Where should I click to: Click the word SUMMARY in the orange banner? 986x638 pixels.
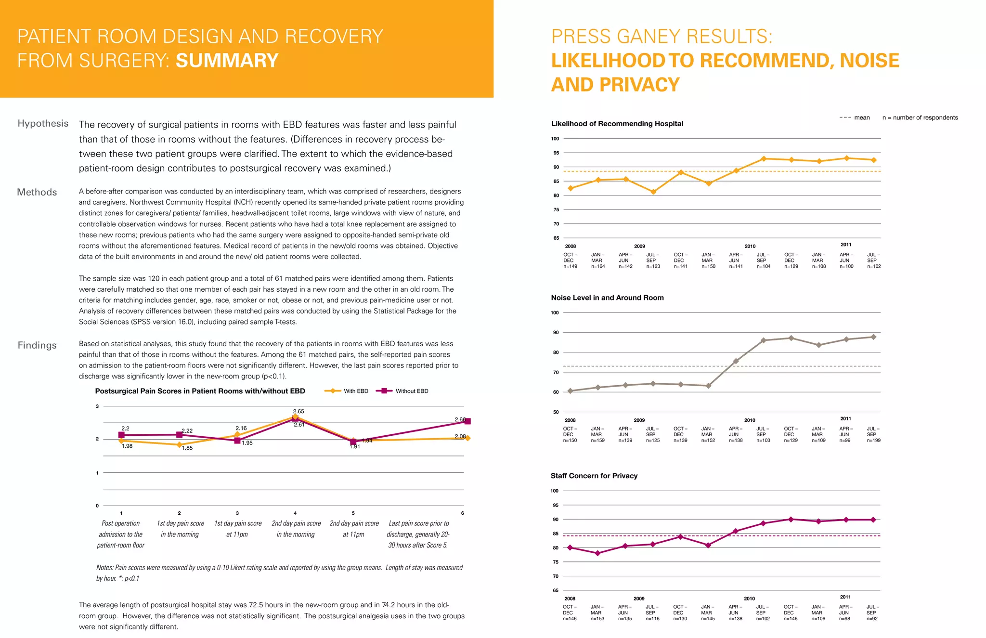tap(227, 61)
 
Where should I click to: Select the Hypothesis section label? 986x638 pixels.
tap(43, 124)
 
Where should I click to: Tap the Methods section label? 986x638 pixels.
tap(37, 192)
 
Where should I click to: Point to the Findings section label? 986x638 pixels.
tap(37, 345)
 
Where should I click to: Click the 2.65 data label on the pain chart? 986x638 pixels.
tap(298, 411)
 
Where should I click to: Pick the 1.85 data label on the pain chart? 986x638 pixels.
tap(187, 448)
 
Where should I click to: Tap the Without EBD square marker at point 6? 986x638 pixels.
tap(467, 421)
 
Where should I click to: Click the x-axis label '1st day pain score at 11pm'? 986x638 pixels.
tap(238, 529)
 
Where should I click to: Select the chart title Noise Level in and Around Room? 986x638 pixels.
tap(607, 298)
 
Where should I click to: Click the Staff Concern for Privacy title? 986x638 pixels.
tap(594, 476)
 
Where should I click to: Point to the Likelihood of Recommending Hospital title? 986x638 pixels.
tap(617, 124)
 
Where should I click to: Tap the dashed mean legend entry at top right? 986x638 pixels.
tap(855, 117)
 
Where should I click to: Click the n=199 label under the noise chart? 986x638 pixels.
tap(873, 441)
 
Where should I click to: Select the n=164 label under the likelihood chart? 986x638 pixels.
tap(598, 266)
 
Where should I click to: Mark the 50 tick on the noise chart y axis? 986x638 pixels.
tap(556, 412)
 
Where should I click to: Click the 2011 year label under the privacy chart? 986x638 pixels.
tap(845, 597)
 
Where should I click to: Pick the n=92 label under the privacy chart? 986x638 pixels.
tap(872, 619)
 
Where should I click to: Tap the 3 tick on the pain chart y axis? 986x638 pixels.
tap(97, 406)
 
